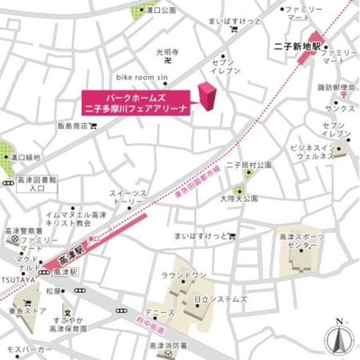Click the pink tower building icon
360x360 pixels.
[x=207, y=97]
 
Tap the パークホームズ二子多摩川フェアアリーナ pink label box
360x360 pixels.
[x=138, y=100]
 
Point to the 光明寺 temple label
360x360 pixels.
[x=167, y=52]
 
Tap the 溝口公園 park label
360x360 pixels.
[x=160, y=10]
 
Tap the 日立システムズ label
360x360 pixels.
[x=220, y=299]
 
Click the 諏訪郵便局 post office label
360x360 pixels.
[x=336, y=88]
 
